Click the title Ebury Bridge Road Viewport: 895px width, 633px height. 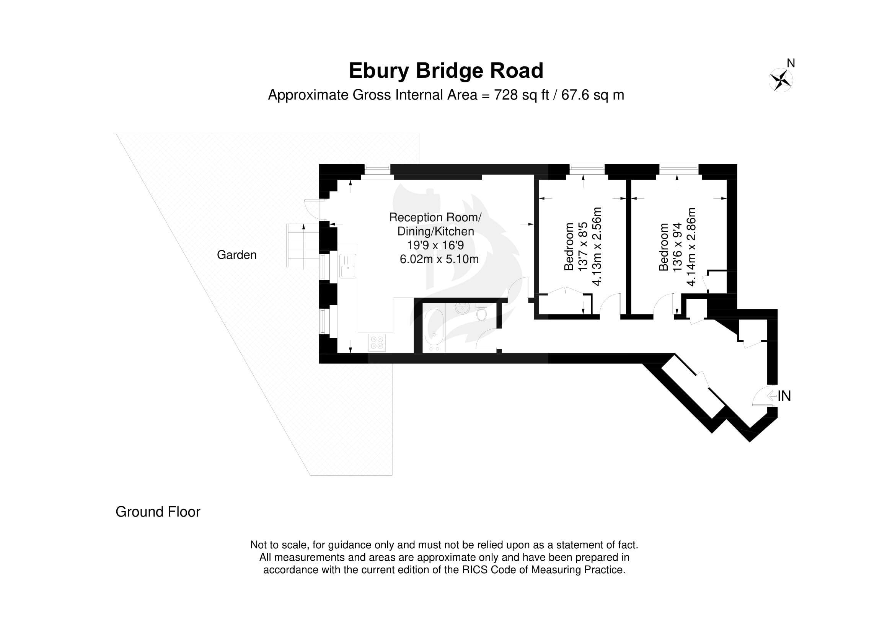click(x=446, y=70)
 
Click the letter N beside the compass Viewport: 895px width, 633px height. click(x=791, y=63)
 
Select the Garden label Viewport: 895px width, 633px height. click(x=236, y=255)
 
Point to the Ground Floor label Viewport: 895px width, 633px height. click(x=158, y=512)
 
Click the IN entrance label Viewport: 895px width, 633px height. click(x=784, y=396)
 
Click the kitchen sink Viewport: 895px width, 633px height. click(x=348, y=266)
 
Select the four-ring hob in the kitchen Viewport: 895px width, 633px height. click(x=377, y=342)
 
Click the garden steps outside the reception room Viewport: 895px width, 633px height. click(x=303, y=245)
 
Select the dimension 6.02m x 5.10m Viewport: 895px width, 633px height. click(x=439, y=259)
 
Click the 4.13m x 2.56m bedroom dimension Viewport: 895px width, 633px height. click(x=597, y=247)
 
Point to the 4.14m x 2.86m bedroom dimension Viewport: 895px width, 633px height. click(x=691, y=247)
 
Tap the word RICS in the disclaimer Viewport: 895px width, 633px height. click(x=475, y=570)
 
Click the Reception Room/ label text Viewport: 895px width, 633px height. click(x=435, y=217)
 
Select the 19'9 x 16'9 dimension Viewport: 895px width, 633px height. click(x=435, y=245)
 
